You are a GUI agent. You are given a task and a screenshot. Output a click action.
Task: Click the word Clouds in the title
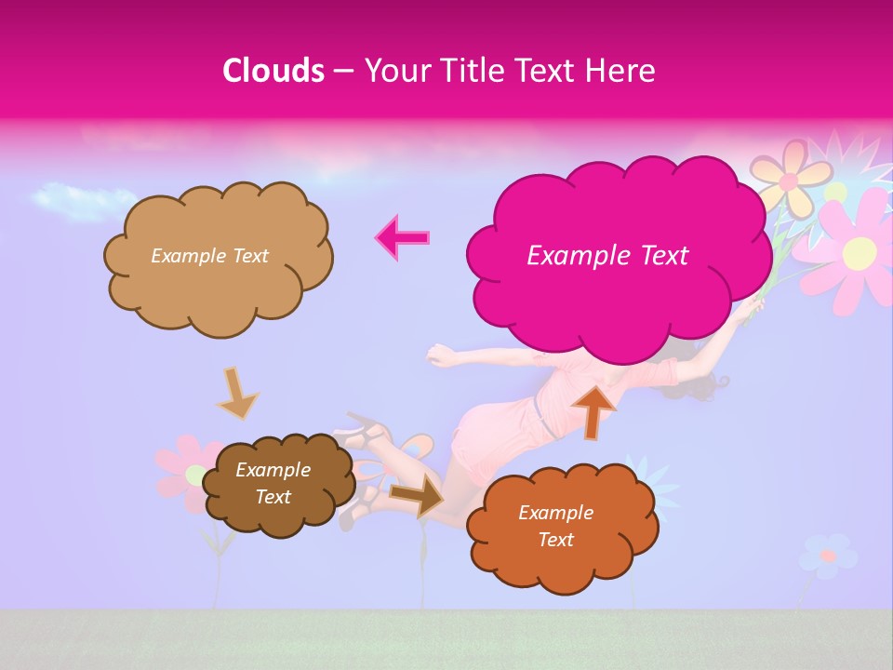pyautogui.click(x=273, y=71)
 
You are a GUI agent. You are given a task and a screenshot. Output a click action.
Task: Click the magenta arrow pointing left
pyautogui.click(x=402, y=237)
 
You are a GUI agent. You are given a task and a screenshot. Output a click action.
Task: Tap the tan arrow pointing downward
pyautogui.click(x=237, y=393)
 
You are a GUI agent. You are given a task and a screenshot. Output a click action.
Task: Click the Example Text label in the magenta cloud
pyautogui.click(x=607, y=256)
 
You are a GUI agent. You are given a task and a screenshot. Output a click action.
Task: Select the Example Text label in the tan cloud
pyautogui.click(x=209, y=256)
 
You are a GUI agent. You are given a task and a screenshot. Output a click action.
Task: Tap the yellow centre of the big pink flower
pyautogui.click(x=860, y=252)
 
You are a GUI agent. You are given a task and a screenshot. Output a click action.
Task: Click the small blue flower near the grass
pyautogui.click(x=826, y=556)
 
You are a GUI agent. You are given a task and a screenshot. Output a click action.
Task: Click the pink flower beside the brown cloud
pyautogui.click(x=186, y=470)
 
